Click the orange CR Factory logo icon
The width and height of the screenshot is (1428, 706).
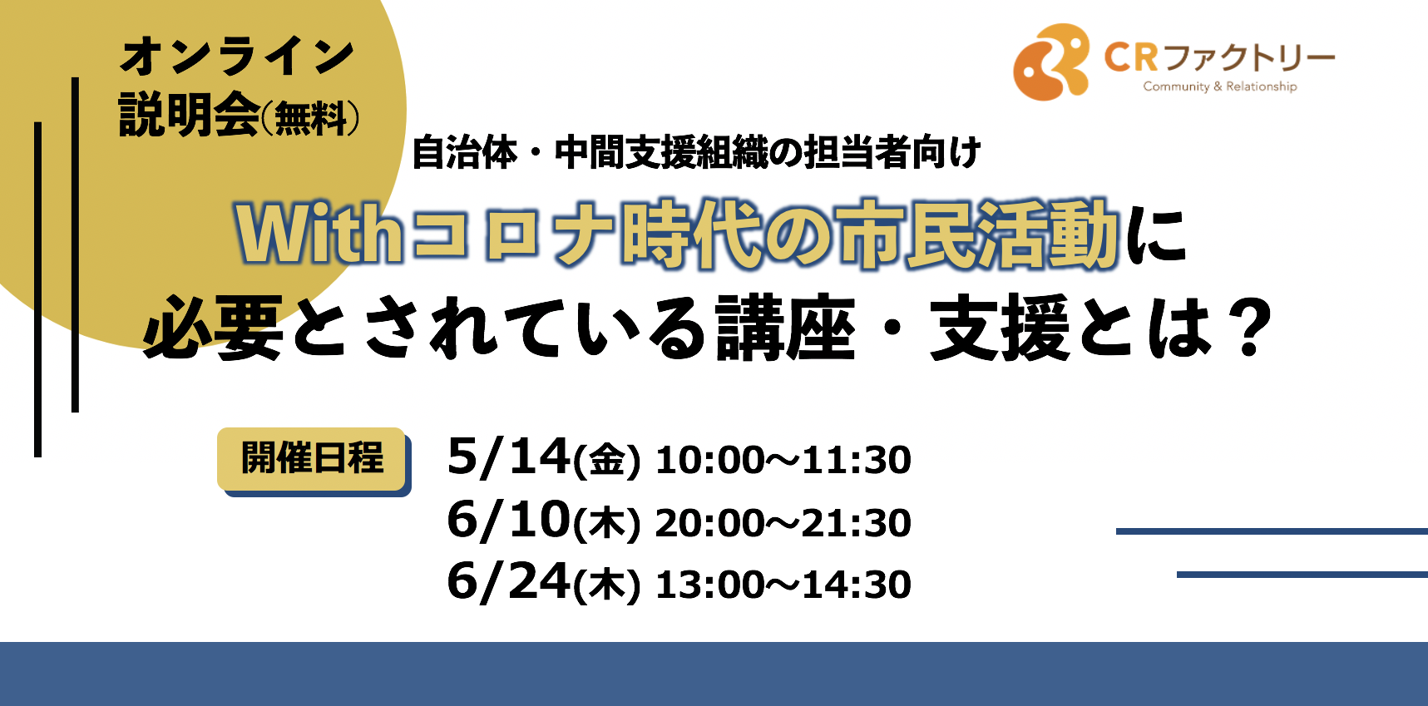[1051, 62]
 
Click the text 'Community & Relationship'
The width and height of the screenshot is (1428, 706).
[1219, 86]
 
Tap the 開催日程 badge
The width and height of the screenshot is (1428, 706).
[312, 459]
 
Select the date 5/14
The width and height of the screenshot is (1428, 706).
[508, 457]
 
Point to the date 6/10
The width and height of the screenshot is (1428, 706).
[508, 520]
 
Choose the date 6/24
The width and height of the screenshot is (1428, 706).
[508, 581]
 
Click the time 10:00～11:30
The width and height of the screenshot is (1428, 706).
[783, 460]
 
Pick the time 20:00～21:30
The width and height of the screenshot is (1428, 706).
[783, 523]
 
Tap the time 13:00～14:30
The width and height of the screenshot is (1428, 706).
[783, 585]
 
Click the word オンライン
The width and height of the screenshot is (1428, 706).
[238, 56]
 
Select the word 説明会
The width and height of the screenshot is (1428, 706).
[190, 114]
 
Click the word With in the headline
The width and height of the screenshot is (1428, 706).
[320, 234]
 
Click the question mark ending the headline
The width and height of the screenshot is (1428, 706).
[1252, 328]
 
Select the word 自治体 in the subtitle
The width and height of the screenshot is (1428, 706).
[464, 152]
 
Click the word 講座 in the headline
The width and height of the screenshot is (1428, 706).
[785, 328]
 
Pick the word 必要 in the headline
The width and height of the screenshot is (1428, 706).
[214, 328]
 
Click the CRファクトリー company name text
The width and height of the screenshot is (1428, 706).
[1219, 57]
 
